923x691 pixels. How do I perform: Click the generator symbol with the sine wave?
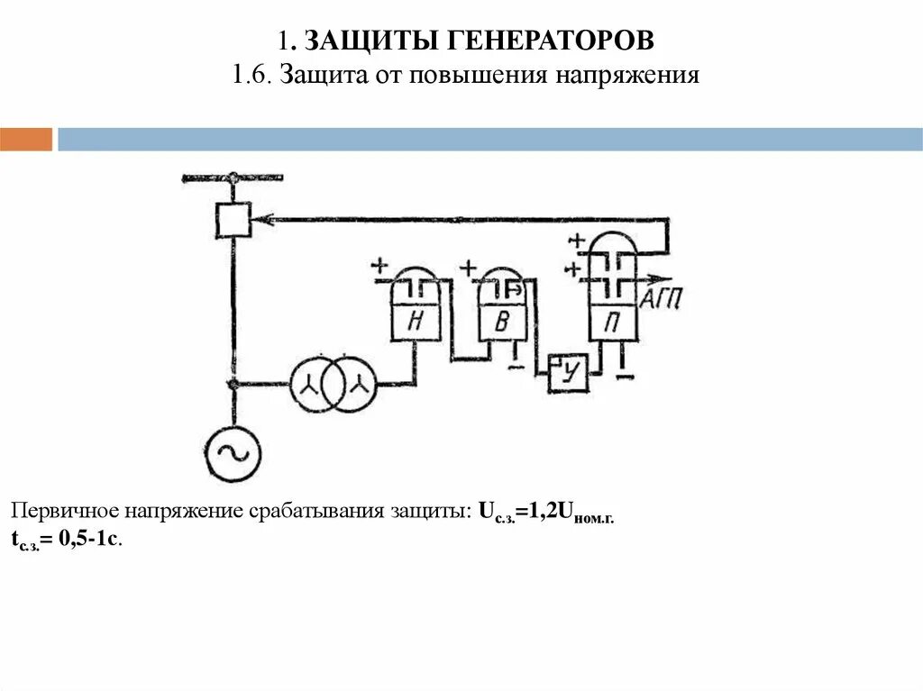click(233, 454)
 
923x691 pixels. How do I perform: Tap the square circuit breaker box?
click(233, 218)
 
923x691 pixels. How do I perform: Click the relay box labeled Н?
click(416, 321)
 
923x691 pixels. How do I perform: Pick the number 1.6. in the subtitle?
click(252, 74)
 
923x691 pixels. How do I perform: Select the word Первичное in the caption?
click(61, 512)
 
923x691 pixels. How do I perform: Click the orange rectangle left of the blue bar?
click(26, 140)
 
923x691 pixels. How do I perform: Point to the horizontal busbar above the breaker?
click(233, 177)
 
